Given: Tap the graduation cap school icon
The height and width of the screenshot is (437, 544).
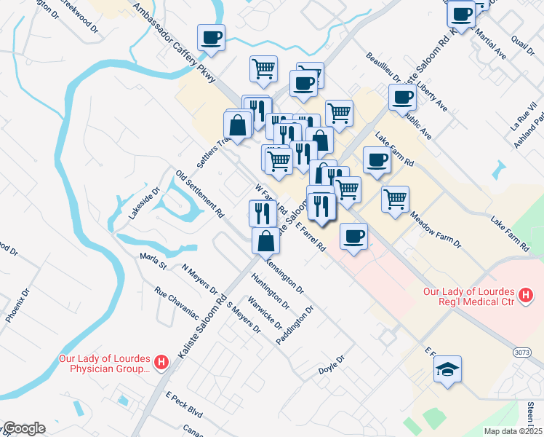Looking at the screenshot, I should [x=448, y=369].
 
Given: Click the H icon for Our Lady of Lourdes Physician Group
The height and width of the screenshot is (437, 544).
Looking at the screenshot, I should [x=162, y=361].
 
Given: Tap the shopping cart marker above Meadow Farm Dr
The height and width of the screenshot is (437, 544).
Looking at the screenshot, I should [x=395, y=198].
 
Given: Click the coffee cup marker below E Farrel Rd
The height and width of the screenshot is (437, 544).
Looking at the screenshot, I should [x=353, y=236].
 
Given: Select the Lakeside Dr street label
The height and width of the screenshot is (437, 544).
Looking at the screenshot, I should [x=144, y=205].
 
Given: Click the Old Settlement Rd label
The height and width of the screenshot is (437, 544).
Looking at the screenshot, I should [x=199, y=194].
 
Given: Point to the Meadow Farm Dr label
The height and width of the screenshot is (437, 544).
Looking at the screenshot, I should [x=435, y=229].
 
